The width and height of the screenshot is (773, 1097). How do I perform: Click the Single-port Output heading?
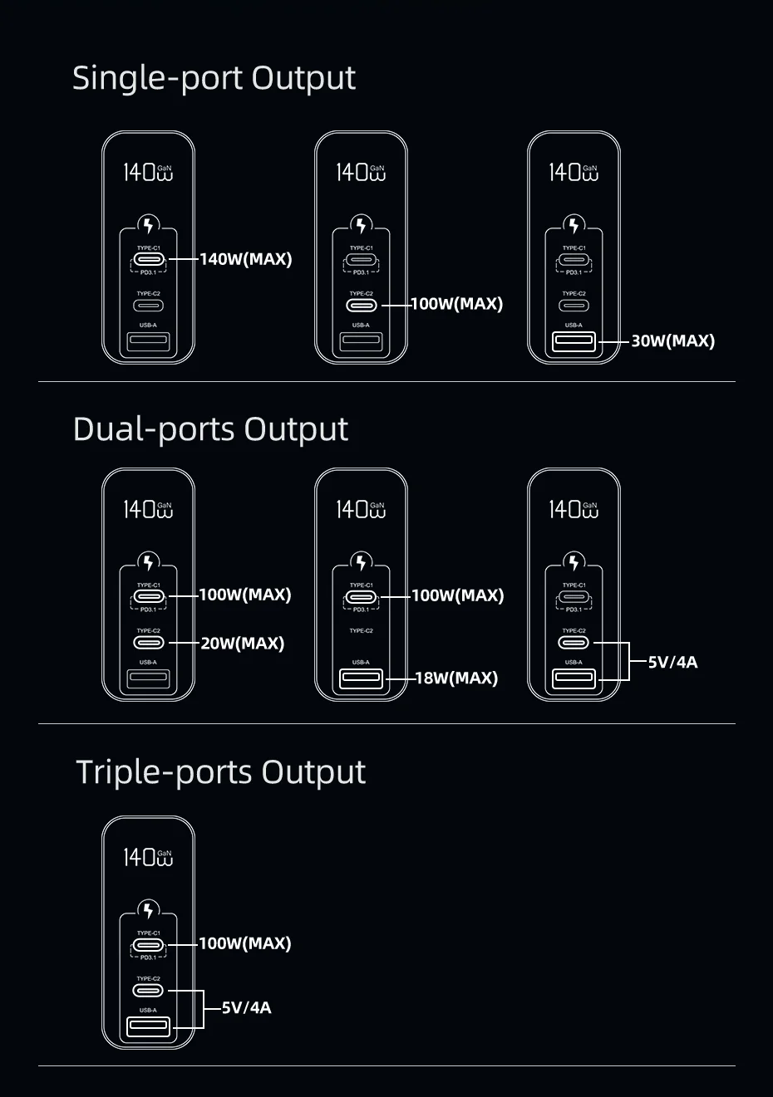pos(214,78)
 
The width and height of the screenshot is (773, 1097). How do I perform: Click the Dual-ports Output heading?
pos(210,429)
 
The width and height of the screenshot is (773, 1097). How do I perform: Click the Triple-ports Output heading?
pos(220,772)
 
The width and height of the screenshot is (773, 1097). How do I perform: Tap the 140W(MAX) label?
pos(246,259)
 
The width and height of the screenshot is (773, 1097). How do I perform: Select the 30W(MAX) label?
pos(672,340)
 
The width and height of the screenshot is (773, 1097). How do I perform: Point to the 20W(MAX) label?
pos(243,644)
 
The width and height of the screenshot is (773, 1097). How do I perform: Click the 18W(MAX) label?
pos(456,678)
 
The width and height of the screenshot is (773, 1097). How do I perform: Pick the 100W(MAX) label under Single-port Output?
pos(457,304)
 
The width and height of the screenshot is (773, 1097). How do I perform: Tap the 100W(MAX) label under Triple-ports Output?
pos(245,943)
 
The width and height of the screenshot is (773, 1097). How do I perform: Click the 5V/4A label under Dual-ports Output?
pos(672,662)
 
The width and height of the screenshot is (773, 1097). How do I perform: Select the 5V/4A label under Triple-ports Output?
pos(246,1008)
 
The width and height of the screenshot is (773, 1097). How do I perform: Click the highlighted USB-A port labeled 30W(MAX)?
pos(574,340)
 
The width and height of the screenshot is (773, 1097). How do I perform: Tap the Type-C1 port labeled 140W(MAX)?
pos(149,259)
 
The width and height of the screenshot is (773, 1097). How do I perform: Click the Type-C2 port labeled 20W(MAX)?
pos(149,643)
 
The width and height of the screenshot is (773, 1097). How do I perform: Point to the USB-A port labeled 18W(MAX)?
pos(361,678)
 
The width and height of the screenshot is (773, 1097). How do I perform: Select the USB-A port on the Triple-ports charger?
pos(149,1026)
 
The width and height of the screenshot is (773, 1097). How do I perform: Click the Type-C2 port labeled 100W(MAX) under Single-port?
pos(361,305)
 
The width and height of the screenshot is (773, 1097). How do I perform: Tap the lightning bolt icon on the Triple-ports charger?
pos(149,910)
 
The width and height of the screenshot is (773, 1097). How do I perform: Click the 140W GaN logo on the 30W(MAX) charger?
pos(574,172)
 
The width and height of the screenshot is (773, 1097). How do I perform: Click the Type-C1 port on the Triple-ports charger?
pos(149,944)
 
